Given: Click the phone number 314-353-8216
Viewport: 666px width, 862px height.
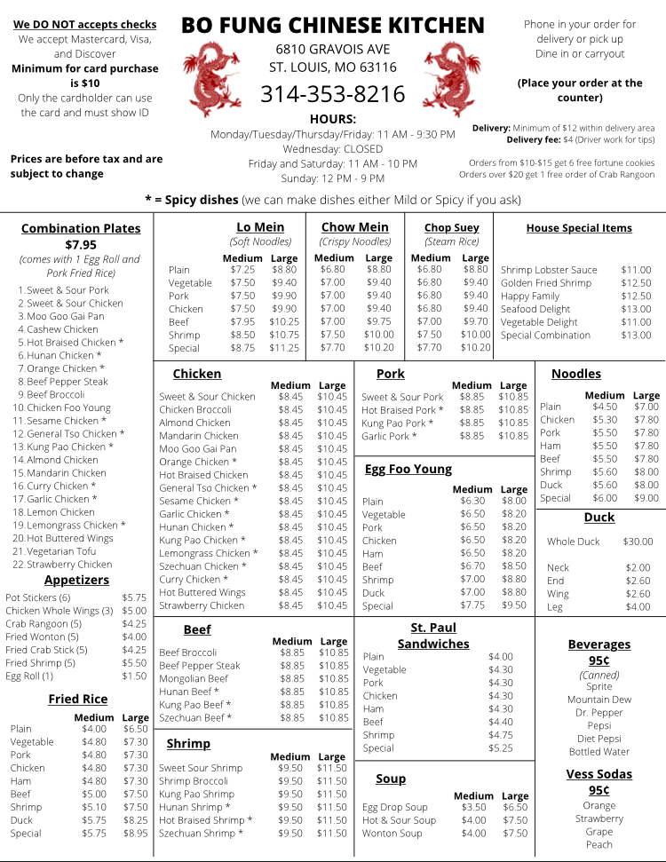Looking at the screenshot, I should click(x=332, y=94).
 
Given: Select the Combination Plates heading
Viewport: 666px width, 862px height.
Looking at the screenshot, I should click(x=81, y=228).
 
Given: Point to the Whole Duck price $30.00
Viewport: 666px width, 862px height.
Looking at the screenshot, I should click(x=638, y=542).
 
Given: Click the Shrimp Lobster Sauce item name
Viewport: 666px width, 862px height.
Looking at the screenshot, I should click(x=549, y=270).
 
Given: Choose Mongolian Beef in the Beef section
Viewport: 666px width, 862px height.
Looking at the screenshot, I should click(x=193, y=678).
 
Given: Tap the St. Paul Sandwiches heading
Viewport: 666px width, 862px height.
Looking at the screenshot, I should click(x=433, y=636).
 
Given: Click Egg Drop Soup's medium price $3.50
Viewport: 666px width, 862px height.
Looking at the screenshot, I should click(x=474, y=808).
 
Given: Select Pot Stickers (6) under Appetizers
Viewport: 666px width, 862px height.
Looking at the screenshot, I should click(x=38, y=598).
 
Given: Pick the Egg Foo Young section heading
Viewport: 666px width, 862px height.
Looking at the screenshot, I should click(x=408, y=469).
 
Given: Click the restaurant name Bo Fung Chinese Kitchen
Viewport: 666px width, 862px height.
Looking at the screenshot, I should click(x=333, y=25).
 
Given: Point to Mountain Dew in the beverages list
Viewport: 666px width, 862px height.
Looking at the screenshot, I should click(x=599, y=700).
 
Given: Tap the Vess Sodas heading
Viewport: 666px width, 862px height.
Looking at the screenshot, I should click(x=599, y=774).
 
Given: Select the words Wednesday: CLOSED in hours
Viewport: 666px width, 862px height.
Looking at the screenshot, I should click(x=332, y=149).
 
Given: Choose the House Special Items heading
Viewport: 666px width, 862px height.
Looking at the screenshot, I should click(x=579, y=228).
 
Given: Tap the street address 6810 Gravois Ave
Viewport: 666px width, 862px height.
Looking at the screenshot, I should click(x=332, y=49).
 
